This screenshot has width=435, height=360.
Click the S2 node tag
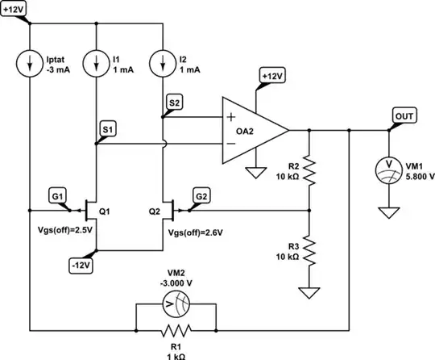[175, 102]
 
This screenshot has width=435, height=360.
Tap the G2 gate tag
[203, 196]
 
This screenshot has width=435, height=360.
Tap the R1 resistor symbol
[176, 331]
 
